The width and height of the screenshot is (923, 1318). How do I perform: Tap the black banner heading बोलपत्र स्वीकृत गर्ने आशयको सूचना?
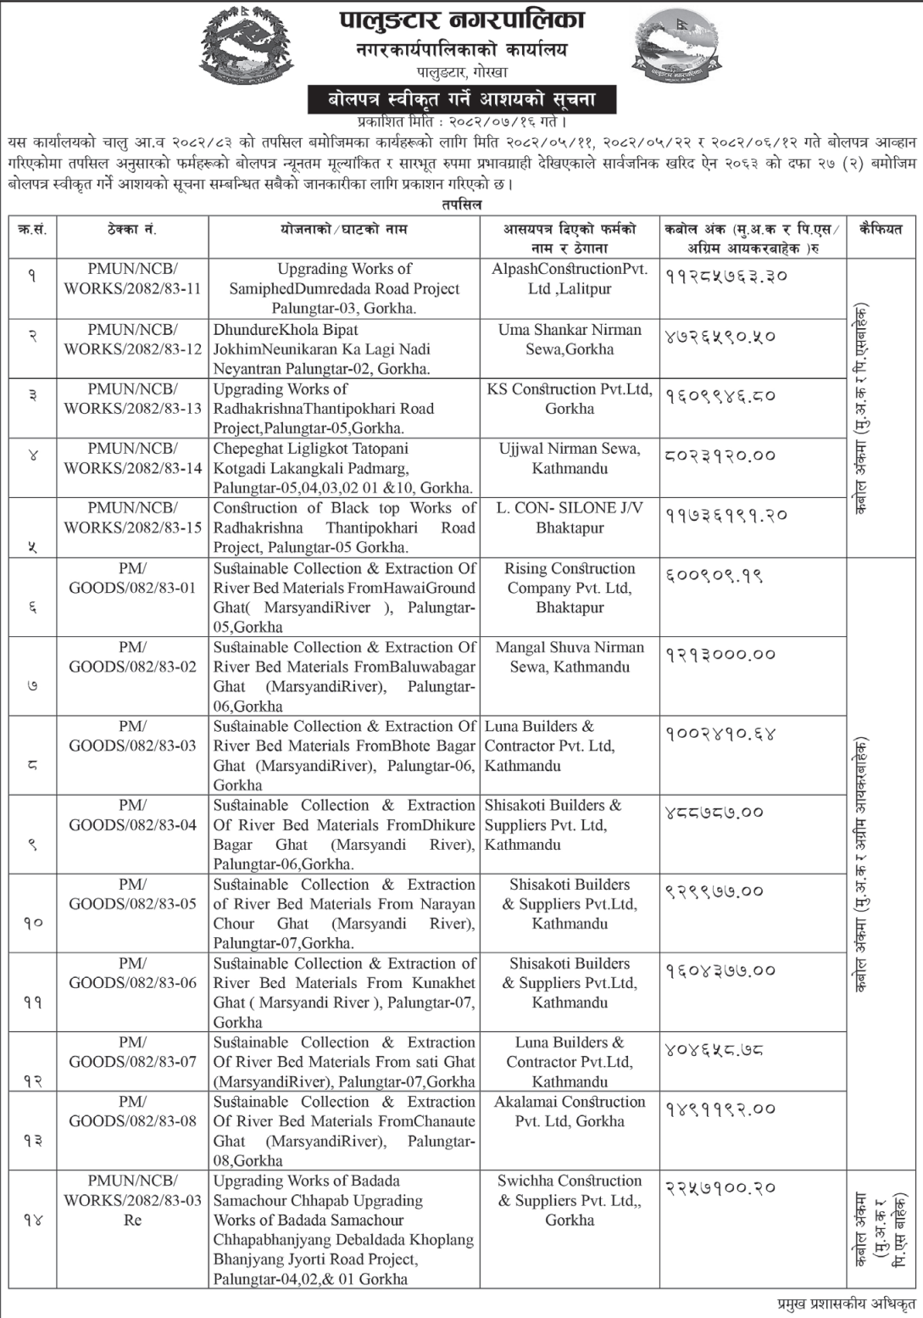[462, 99]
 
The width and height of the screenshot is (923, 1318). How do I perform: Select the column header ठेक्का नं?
[132, 230]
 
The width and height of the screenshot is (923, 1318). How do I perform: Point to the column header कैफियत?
[880, 230]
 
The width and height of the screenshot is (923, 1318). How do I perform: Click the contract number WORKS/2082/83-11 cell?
[132, 279]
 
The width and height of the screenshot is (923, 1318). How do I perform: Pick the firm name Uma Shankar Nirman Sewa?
[570, 339]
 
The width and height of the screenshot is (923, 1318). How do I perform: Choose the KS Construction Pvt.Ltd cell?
[570, 399]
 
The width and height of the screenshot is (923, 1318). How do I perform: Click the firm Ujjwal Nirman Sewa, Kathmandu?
[570, 458]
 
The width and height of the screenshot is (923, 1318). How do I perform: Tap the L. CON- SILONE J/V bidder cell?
[570, 517]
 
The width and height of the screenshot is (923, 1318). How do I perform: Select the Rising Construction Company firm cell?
[570, 588]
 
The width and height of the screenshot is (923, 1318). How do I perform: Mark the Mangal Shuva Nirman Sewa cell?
[570, 657]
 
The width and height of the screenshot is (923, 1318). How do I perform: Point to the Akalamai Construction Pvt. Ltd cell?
[570, 1111]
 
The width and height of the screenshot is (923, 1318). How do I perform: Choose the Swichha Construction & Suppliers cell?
[570, 1200]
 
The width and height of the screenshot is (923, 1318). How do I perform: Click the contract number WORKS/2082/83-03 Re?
[132, 1200]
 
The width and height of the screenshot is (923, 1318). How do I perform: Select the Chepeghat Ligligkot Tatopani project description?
[343, 467]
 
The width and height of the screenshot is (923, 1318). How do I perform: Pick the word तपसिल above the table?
[461, 204]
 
